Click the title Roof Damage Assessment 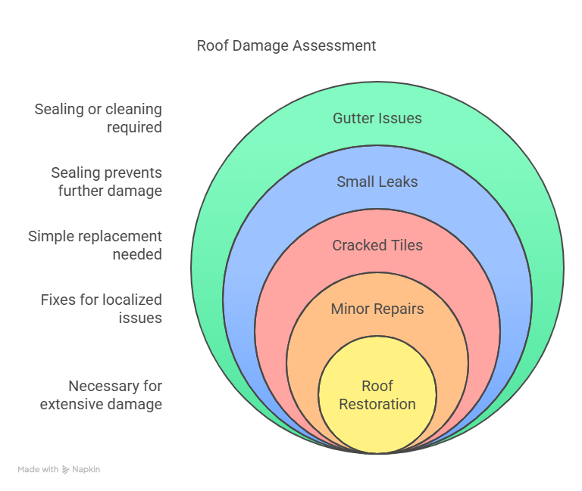coord(286,45)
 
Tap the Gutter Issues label coord(377,118)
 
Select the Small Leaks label coord(377,182)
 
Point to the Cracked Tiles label coord(377,245)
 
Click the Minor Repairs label coord(377,309)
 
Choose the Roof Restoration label coord(377,395)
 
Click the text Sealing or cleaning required coord(99,118)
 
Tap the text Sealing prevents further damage coord(106,182)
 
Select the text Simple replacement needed coord(95,245)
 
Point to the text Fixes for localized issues coord(102,309)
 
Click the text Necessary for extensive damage coord(102,395)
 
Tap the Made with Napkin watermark coord(59,469)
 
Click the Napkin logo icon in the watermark coord(66,469)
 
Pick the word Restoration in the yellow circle coord(377,404)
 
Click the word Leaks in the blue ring coord(397,182)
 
